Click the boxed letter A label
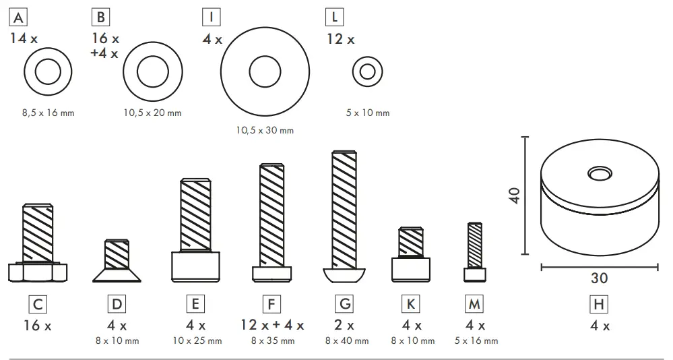click(18, 17)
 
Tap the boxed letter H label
click(598, 304)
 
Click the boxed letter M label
click(475, 304)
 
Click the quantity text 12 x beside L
click(340, 39)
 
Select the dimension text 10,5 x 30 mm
click(265, 130)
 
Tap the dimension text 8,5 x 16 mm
click(48, 113)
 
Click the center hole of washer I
click(265, 70)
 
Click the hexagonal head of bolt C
click(38, 272)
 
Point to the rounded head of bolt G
click(345, 275)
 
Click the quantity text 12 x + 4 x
click(272, 325)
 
